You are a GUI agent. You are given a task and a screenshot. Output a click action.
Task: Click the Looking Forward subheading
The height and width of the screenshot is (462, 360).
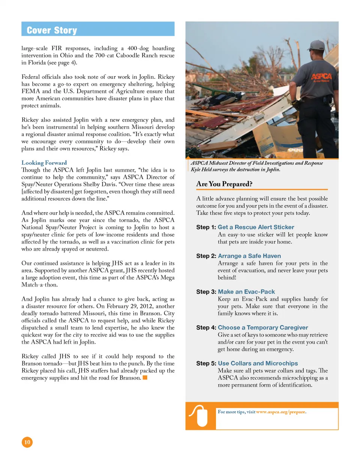(44, 163)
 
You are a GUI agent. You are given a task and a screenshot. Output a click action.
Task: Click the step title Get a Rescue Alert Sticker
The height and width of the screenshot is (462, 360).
(256, 227)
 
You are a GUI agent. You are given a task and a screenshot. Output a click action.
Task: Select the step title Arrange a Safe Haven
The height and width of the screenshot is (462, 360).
(249, 256)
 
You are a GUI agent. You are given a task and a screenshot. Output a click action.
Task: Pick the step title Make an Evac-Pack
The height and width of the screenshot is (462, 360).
(246, 292)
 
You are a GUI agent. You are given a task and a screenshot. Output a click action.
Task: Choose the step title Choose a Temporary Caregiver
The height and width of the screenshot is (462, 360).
(268, 327)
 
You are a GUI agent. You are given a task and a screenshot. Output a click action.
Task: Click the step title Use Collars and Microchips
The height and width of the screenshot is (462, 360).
(258, 363)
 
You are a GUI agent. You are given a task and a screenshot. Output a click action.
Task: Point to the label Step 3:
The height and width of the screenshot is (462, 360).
(206, 292)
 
